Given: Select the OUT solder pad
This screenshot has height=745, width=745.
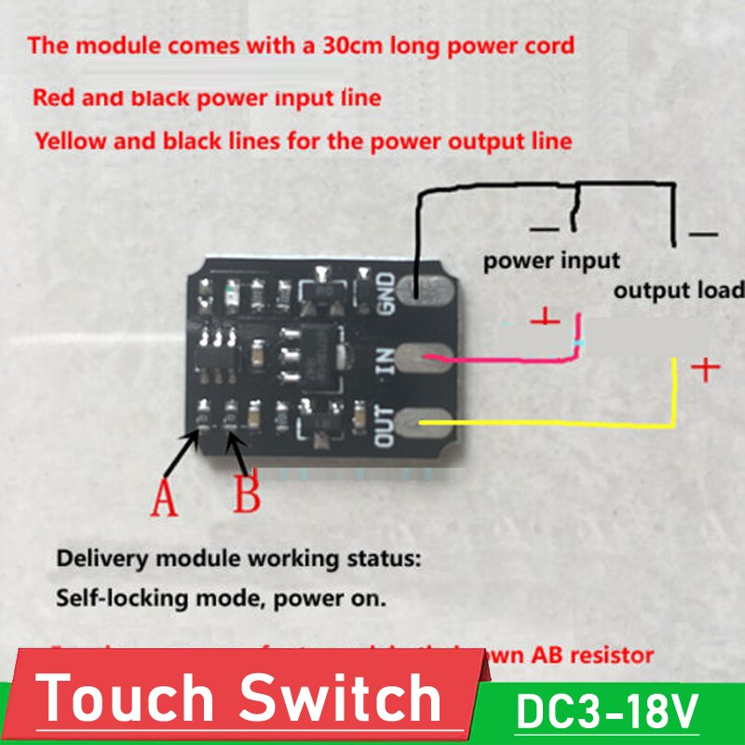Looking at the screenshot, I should click(424, 426).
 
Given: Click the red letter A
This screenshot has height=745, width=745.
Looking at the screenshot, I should click(164, 497).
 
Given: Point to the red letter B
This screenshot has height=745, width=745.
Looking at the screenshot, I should click(247, 494).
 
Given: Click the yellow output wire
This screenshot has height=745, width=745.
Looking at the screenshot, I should click(559, 424).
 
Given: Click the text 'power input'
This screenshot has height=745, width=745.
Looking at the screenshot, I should click(551, 260).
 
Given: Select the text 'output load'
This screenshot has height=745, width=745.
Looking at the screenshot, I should click(678, 290).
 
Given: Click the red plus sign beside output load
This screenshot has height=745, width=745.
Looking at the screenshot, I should click(708, 370).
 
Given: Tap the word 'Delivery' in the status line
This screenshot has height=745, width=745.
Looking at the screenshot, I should click(94, 561).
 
